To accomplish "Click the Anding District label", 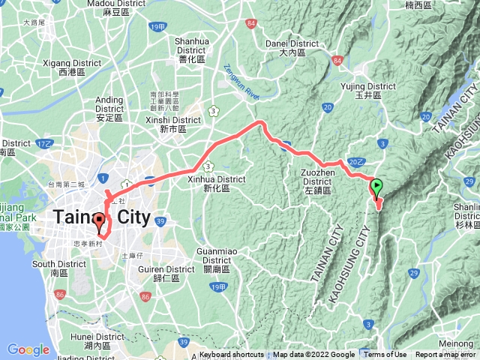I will (x=109, y=105).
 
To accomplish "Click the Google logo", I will (x=28, y=349).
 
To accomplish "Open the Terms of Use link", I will (x=385, y=355).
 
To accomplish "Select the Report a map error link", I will (x=447, y=355).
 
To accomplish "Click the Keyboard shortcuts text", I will (x=232, y=355).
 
